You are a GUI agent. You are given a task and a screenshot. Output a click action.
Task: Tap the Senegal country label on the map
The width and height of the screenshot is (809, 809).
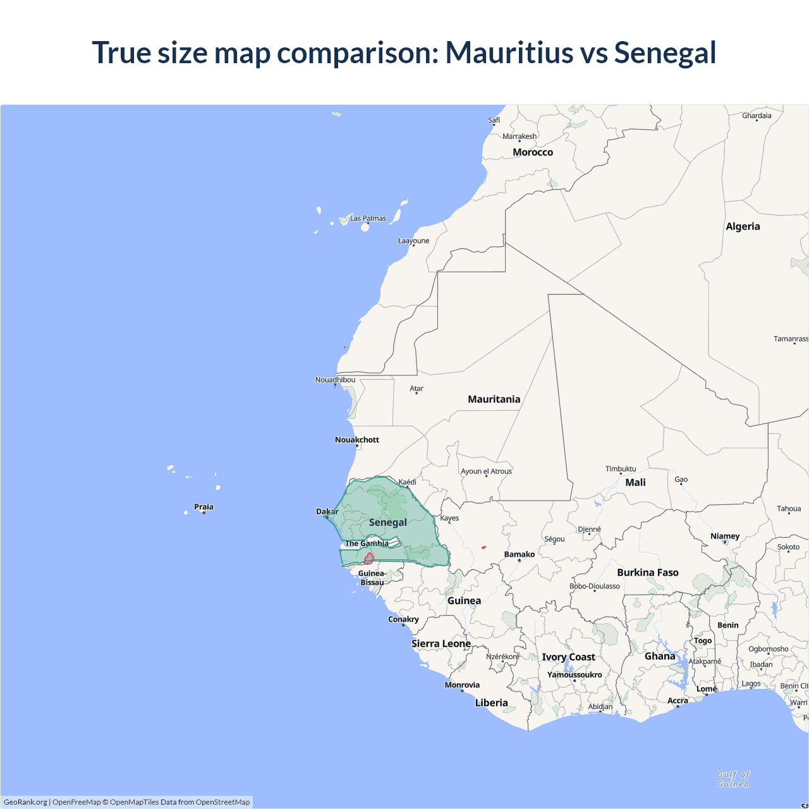tap(387, 523)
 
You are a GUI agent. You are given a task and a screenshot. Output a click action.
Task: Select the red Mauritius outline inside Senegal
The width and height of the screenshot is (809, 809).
tap(368, 558)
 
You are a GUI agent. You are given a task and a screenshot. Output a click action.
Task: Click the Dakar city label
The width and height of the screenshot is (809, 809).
tap(327, 511)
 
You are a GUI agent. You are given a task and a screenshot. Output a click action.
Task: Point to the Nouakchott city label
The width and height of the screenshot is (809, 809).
tap(356, 440)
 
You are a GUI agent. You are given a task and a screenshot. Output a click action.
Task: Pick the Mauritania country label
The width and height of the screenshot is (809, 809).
tap(494, 399)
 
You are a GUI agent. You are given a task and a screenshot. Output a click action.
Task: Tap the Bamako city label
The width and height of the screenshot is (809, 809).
tap(519, 554)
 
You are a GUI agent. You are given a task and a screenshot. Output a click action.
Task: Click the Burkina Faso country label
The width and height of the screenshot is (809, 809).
tap(647, 573)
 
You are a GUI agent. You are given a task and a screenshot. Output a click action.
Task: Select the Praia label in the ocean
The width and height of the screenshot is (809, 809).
tap(204, 507)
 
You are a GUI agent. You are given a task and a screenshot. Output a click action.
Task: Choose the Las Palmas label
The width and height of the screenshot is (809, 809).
tap(368, 219)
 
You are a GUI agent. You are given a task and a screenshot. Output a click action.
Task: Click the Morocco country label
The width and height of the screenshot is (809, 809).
tap(532, 152)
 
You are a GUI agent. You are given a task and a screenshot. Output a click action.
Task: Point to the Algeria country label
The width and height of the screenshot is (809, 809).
tap(743, 226)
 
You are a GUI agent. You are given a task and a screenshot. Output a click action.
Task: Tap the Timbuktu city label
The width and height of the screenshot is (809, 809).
tap(621, 469)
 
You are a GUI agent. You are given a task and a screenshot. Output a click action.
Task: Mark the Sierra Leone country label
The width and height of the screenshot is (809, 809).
tap(441, 643)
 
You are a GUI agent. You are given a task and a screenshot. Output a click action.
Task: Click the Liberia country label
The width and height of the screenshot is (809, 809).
tap(491, 703)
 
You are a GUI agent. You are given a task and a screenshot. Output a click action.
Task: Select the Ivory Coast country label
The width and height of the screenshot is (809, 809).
tap(568, 657)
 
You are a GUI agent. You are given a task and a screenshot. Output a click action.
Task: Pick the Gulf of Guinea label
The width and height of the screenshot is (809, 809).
tap(733, 779)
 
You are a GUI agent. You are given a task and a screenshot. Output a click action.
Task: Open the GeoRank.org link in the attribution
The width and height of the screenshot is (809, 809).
tap(25, 802)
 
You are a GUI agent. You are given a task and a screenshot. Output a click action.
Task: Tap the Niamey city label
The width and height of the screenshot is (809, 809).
tap(725, 536)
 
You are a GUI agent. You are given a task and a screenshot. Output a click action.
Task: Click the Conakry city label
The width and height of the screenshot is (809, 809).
tap(403, 619)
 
